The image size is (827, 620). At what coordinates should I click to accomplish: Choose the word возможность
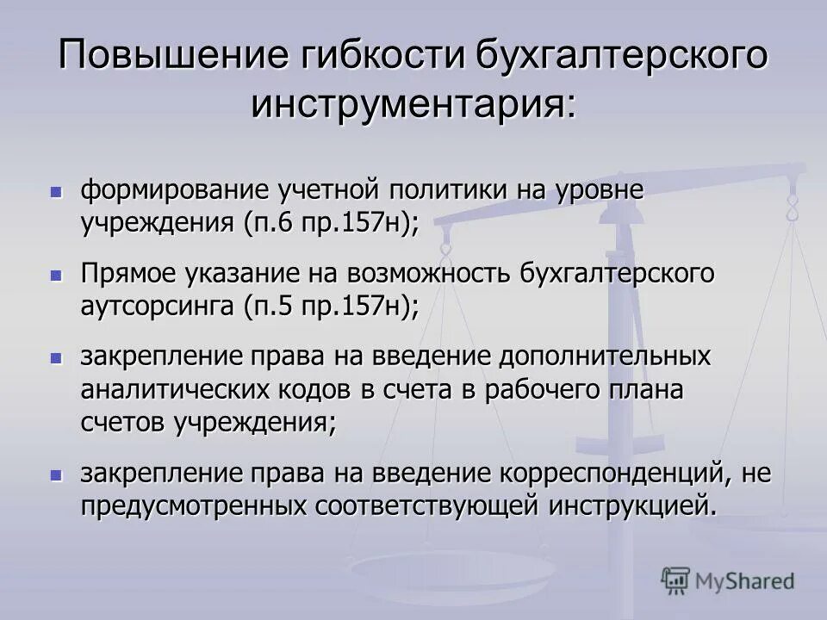(430, 274)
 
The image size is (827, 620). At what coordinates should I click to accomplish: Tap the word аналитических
(173, 389)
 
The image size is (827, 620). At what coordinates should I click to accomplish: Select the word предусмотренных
(194, 505)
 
